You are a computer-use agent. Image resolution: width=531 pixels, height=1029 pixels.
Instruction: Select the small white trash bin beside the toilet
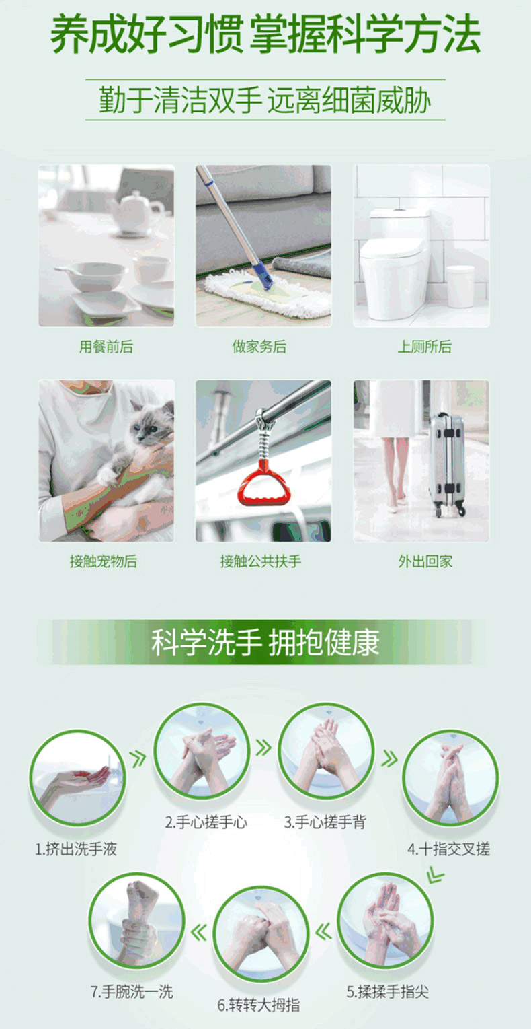pos(460,286)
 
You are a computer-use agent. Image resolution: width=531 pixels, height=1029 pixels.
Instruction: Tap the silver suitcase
pos(446,463)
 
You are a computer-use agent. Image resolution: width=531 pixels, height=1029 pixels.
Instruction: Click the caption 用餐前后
pos(106,347)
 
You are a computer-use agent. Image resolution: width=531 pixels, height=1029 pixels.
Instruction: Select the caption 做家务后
pos(259,347)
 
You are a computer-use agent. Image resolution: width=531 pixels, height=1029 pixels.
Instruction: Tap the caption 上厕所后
pos(425,347)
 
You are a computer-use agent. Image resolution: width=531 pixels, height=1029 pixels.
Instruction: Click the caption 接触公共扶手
pos(261,561)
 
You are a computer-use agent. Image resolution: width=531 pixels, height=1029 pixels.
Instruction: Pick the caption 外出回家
pos(425,561)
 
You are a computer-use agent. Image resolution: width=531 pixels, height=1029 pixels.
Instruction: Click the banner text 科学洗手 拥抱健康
pos(265,642)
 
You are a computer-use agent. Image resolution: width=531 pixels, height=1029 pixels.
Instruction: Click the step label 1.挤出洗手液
pos(76,849)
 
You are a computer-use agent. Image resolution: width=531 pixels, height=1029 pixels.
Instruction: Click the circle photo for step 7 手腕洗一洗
pos(136,921)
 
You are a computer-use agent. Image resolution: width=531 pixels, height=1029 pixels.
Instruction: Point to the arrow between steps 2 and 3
pos(263,748)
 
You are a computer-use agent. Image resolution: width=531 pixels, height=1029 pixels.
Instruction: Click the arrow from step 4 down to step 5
pos(435,875)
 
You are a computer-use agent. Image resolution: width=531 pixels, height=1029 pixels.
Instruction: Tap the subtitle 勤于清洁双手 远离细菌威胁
pos(265,100)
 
